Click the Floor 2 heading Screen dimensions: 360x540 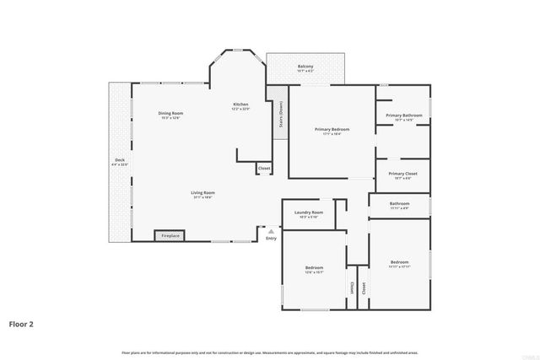pos(21,323)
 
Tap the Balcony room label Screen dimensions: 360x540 pos(305,66)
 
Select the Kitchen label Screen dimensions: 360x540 pos(240,105)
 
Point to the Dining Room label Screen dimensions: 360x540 pos(171,113)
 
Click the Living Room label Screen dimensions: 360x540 pos(202,192)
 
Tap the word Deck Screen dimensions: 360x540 pos(120,159)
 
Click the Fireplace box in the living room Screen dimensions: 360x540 pos(170,236)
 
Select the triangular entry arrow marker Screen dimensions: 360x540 pos(271,229)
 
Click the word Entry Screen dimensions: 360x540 pos(271,239)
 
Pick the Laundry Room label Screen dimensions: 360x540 pos(308,212)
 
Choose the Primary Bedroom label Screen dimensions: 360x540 pos(332,129)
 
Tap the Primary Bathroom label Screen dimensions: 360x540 pos(404,115)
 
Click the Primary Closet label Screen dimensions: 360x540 pos(403,174)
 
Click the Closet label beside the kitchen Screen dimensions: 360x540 pos(263,169)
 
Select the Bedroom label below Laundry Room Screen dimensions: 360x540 pos(314,267)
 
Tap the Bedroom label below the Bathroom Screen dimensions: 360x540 pos(399,261)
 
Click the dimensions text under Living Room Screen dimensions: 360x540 pos(202,197)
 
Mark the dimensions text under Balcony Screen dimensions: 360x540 pos(305,71)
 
